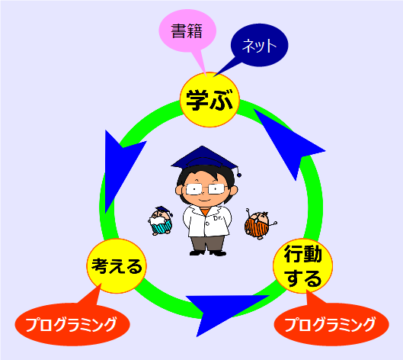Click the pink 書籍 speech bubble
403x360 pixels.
point(187,31)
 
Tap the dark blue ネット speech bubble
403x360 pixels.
point(259,45)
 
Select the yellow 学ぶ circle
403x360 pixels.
point(209,100)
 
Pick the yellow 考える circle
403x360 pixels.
point(117,266)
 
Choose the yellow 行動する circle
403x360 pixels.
point(302,266)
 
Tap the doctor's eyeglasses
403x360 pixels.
point(205,189)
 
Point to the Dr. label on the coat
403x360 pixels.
point(218,218)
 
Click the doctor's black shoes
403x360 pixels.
point(208,253)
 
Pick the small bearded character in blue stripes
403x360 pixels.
point(161,220)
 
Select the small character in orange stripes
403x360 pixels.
point(258,224)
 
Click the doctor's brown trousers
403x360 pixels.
point(207,244)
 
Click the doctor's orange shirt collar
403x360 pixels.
point(205,212)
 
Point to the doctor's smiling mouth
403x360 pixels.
point(205,200)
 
